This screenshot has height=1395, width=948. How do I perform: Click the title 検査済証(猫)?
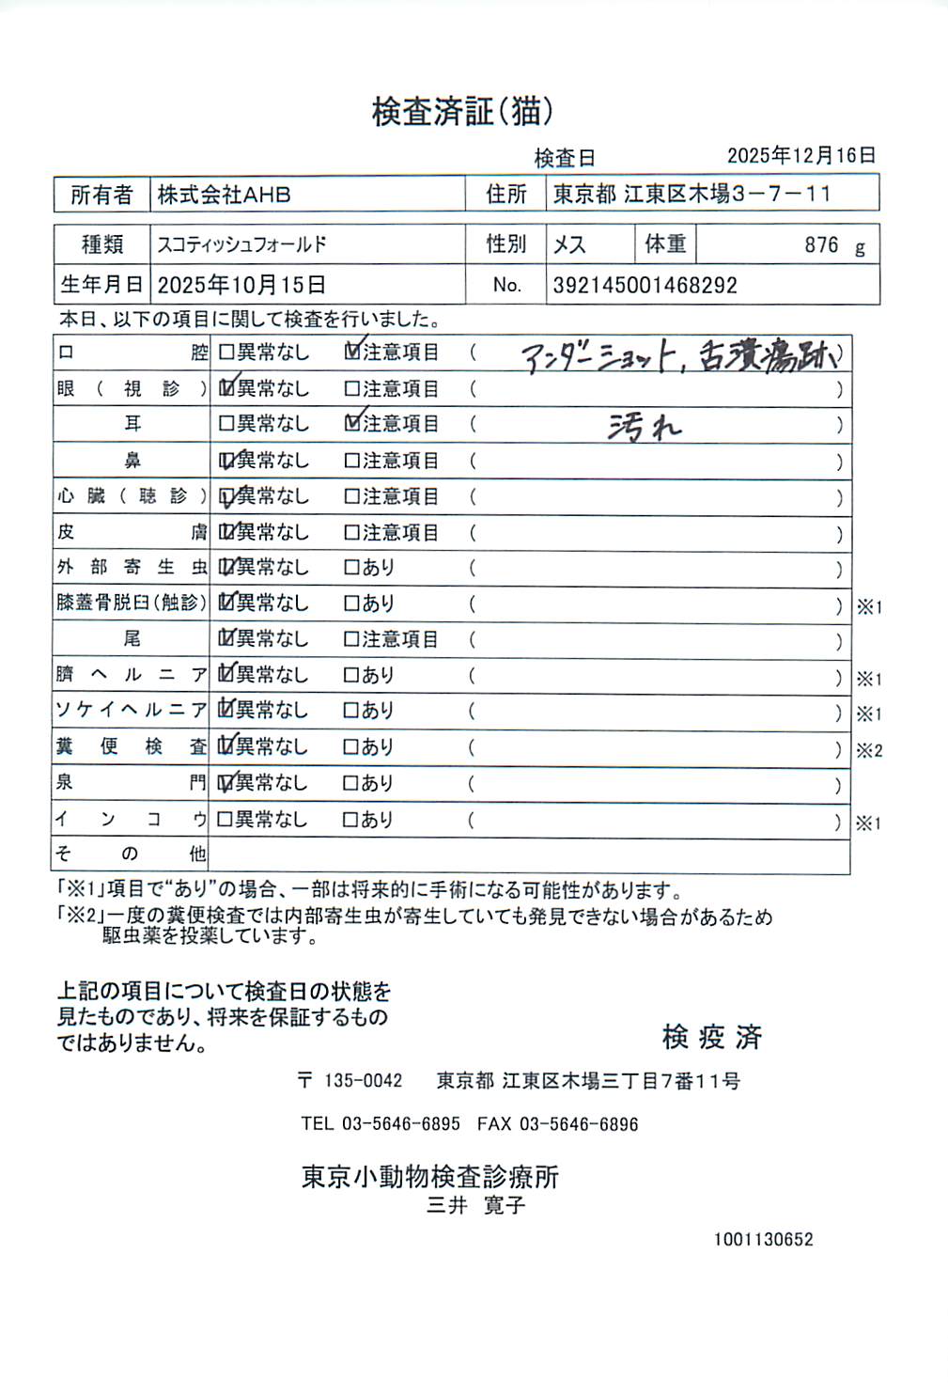[x=462, y=112]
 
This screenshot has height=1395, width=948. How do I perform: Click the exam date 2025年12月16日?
[x=800, y=156]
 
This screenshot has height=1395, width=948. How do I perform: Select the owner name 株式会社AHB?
[x=224, y=195]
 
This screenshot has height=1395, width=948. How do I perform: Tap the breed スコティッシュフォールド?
[x=241, y=244]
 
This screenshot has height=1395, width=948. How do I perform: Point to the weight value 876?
[x=821, y=245]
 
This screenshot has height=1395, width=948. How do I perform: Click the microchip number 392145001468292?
[x=645, y=285]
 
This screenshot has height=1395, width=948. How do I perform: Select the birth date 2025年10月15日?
[x=241, y=285]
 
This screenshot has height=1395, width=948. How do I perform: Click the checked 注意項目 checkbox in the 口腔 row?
[x=352, y=353]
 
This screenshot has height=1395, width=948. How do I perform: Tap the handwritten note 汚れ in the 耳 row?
[x=644, y=428]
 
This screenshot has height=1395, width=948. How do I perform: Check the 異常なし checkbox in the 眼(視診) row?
[x=226, y=388]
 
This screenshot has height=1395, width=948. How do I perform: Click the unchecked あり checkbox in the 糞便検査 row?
[x=351, y=747]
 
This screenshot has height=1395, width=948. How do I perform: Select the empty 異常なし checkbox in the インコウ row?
[x=225, y=820]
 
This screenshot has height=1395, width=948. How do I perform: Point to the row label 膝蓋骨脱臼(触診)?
[x=131, y=603]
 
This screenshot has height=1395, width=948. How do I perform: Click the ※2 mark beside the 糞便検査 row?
[x=869, y=750]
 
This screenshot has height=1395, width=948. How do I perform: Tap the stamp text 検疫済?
[x=711, y=1037]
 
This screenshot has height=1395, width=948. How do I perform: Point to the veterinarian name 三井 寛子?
[x=475, y=1205]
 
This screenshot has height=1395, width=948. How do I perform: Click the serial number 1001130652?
[x=763, y=1240]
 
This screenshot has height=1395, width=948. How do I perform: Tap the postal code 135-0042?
[x=363, y=1081]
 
